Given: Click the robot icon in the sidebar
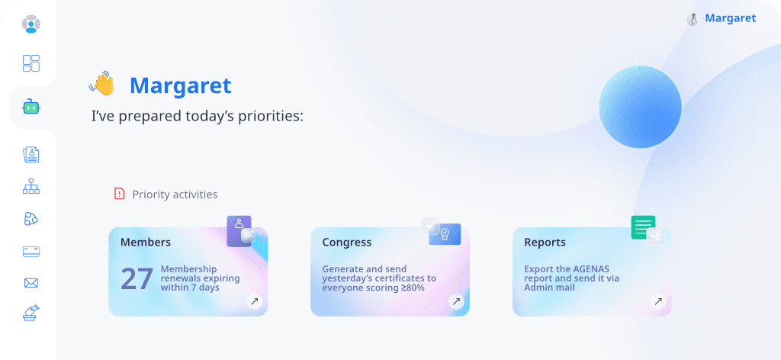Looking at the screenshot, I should click(31, 108).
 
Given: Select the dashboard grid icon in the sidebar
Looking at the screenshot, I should click(31, 63).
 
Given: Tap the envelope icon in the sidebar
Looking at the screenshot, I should click(31, 283).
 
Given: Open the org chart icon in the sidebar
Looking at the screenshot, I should click(31, 185).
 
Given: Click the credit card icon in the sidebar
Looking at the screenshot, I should click(31, 251).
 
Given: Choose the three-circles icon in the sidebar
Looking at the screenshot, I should click(31, 219).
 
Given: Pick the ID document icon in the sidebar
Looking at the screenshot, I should click(31, 155).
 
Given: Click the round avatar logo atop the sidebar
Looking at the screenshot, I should click(31, 24).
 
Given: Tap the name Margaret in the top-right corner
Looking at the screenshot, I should click(730, 18).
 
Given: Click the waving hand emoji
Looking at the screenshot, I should click(102, 84).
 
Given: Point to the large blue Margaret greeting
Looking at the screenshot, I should click(180, 85).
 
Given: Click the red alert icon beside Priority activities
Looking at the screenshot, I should click(119, 194).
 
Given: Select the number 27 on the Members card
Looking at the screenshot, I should click(137, 278).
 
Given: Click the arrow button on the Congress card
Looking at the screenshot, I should click(456, 302).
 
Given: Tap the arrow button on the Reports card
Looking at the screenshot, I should click(658, 302).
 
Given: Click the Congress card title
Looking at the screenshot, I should click(347, 243).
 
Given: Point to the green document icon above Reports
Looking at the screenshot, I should click(643, 227).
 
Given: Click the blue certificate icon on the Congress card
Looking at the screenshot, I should click(445, 233).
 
